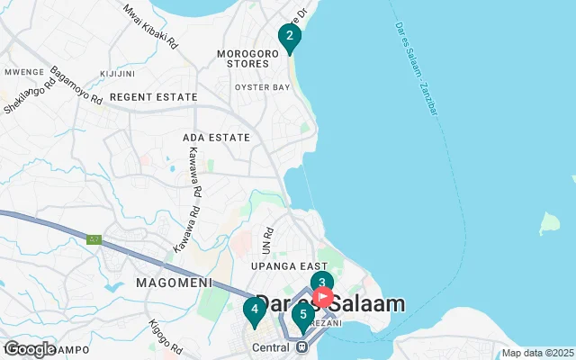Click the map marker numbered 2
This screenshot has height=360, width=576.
pyautogui.click(x=289, y=37)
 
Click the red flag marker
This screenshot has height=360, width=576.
pyautogui.click(x=323, y=297)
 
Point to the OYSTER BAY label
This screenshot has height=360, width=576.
pyautogui.click(x=262, y=87)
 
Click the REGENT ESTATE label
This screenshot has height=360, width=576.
pyautogui.click(x=153, y=96)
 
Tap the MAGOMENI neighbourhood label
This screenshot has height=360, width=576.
pyautogui.click(x=173, y=283)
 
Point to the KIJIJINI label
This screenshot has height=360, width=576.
pyautogui.click(x=118, y=72)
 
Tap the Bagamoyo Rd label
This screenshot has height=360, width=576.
pyautogui.click(x=76, y=85)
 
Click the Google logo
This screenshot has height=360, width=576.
pyautogui.click(x=30, y=349)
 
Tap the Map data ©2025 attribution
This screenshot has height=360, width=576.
pyautogui.click(x=537, y=353)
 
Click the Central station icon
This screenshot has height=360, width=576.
pyautogui.click(x=302, y=346)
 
